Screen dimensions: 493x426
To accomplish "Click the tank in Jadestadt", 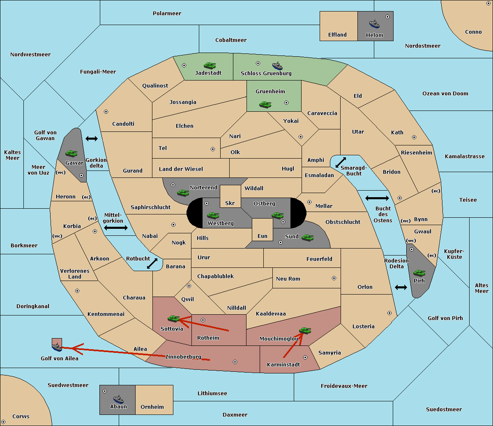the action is (x=210, y=65).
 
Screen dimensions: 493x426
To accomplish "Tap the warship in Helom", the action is (x=374, y=24).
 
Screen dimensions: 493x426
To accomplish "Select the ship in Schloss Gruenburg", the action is (x=277, y=66).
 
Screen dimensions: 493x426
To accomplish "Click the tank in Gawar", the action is (x=71, y=153).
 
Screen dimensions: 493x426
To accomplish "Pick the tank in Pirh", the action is (x=419, y=273).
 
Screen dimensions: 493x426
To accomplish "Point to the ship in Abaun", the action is (x=118, y=399).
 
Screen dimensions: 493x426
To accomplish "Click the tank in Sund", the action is (x=307, y=237).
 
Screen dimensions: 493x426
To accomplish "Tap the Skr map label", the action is (x=230, y=203).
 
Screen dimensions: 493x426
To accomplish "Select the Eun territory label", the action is (x=263, y=236).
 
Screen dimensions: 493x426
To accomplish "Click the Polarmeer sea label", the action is (x=167, y=14).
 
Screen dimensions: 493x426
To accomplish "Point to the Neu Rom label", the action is (x=288, y=279).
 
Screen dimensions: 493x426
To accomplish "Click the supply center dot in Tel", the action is (x=213, y=149).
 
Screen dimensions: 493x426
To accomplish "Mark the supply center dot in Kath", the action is (x=414, y=137).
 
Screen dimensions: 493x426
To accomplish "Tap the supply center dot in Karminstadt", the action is (x=305, y=357).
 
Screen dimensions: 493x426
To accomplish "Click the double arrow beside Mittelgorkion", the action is (x=116, y=228).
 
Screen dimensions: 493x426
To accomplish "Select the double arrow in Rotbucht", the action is (x=152, y=263).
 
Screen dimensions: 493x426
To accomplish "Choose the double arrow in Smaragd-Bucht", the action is (x=341, y=162).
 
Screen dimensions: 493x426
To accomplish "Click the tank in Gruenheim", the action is (x=265, y=104).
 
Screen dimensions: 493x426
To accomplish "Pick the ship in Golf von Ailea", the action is (x=57, y=347).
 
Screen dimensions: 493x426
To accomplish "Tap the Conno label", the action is (x=473, y=32).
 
